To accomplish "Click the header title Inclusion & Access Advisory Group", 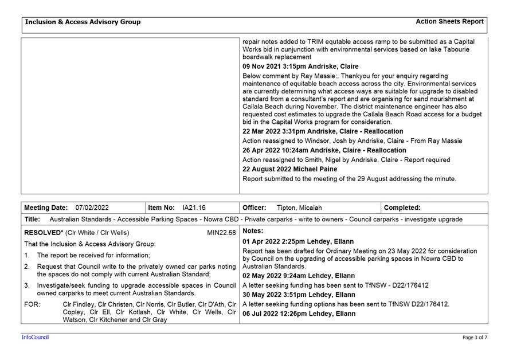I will click(x=83, y=22).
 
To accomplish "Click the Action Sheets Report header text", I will click(x=449, y=22).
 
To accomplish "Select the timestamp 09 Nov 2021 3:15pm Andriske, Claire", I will click(x=300, y=66).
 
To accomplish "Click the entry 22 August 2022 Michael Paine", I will click(x=289, y=169).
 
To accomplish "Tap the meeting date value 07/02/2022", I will click(x=92, y=208).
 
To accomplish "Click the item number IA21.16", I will click(x=194, y=208).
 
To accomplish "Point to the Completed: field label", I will click(x=402, y=208).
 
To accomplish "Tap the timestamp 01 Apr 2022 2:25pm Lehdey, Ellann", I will click(x=298, y=242).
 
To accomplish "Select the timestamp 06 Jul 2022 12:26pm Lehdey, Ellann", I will click(x=299, y=314).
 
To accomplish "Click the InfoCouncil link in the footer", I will click(x=35, y=338).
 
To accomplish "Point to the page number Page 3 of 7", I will click(x=475, y=338).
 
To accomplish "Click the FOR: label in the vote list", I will click(x=32, y=304).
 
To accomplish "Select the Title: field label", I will click(x=32, y=219).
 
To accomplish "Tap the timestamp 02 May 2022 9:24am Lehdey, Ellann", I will click(x=299, y=276).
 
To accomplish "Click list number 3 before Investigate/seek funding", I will click(x=27, y=285).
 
